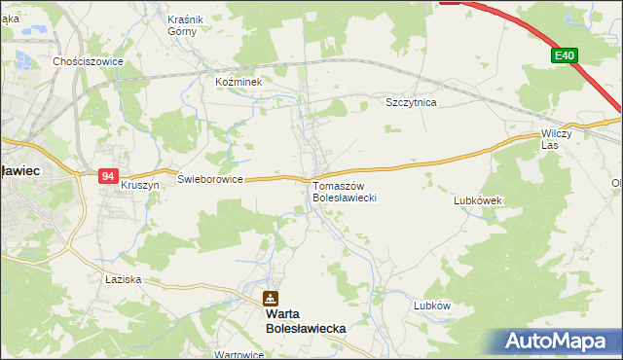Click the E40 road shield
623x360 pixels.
566,56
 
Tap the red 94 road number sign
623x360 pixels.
107,176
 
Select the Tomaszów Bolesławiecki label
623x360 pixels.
344,192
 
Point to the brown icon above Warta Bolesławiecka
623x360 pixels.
271,299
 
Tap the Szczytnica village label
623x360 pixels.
411,101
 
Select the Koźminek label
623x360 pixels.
239,83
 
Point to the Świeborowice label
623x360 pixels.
209,179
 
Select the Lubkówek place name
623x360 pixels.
477,200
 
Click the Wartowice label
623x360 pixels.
239,355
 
